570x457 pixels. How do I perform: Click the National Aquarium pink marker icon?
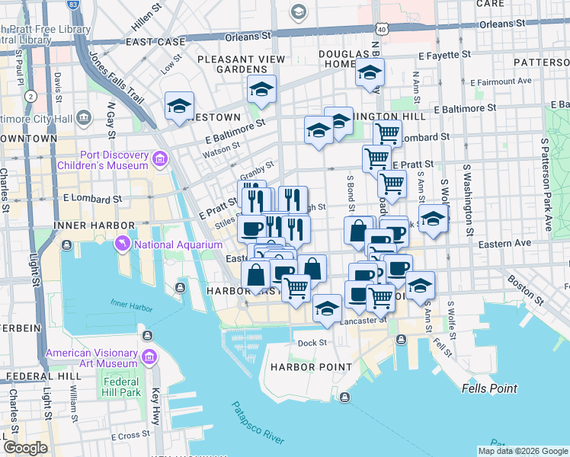point(122,244)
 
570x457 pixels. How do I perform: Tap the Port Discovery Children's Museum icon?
point(159,158)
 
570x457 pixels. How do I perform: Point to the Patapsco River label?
point(258,424)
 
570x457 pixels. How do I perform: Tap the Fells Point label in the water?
point(489,388)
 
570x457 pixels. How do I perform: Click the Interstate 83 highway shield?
point(72,5)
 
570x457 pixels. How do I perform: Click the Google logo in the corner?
point(25,447)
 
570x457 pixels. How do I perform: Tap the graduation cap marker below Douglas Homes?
point(370,73)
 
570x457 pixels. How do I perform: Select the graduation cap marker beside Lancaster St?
point(327,308)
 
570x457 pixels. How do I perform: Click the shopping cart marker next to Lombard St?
point(388,133)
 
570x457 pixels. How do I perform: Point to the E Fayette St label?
point(446,56)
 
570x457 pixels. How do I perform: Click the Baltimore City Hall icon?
point(84,117)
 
